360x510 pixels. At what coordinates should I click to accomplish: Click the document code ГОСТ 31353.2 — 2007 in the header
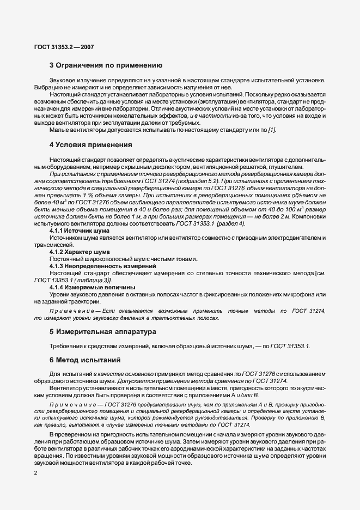[x=64, y=47]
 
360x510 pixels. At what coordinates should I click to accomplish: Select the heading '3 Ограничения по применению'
[x=106, y=65]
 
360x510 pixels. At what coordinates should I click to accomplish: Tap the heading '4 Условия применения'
[x=91, y=145]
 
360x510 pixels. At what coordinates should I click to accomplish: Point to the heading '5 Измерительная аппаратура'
[x=102, y=331]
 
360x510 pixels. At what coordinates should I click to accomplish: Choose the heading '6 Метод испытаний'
[x=82, y=360]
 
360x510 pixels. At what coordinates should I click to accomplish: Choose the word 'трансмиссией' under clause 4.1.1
[x=51, y=245]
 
